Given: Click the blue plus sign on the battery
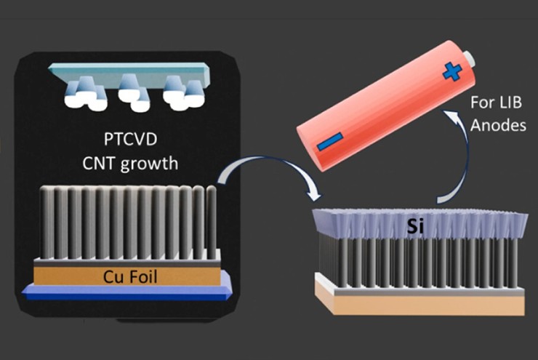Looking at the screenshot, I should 451,72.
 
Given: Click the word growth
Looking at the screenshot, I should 150,163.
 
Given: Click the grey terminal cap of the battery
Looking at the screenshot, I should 470,56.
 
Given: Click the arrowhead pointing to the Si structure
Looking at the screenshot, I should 314,195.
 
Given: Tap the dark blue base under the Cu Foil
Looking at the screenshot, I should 127,295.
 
